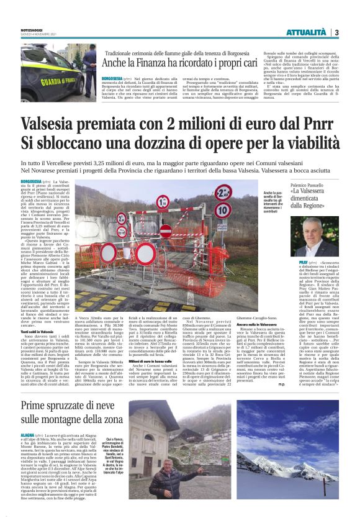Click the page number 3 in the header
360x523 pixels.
click(336, 32)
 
